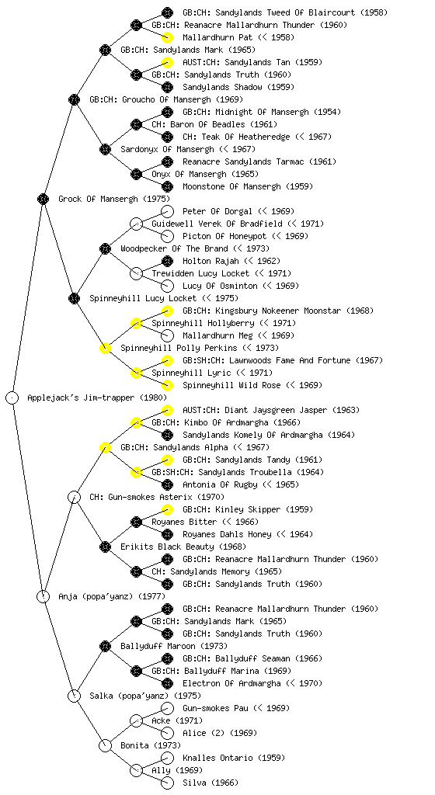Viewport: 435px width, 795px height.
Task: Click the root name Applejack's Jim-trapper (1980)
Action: coord(97,397)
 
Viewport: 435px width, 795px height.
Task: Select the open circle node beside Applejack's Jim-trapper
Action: coord(12,397)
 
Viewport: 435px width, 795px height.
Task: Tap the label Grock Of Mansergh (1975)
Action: coord(114,199)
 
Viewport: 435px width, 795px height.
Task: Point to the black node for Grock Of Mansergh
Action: coord(43,199)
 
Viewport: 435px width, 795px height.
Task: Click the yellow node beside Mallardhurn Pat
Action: coord(167,37)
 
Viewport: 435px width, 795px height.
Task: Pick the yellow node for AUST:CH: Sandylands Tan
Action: coord(167,62)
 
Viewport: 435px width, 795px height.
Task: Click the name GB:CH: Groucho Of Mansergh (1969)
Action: coord(166,99)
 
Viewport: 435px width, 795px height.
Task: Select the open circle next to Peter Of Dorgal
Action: coord(167,211)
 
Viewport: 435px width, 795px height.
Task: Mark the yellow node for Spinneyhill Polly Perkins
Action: coord(105,348)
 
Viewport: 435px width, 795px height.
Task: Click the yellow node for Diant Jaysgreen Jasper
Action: coord(167,410)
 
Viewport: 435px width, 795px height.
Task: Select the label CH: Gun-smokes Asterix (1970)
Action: coord(157,497)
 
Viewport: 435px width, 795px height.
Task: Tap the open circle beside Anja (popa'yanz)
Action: coord(43,596)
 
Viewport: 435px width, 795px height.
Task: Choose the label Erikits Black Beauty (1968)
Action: coord(183,547)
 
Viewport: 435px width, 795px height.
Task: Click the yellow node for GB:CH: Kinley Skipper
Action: coord(167,509)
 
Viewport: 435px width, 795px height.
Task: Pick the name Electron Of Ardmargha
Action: coord(231,683)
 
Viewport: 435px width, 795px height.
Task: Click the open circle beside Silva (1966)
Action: coord(167,783)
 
